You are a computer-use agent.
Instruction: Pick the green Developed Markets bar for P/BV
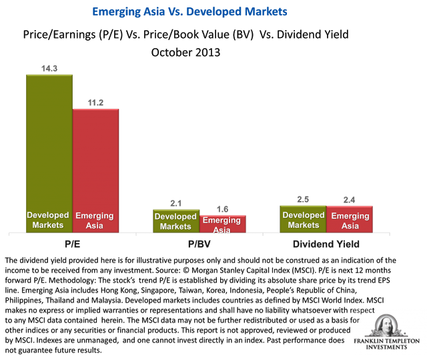pyautogui.click(x=176, y=221)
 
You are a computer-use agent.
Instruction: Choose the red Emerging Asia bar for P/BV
pyautogui.click(x=223, y=224)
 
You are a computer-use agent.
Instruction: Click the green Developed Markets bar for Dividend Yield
pyautogui.click(x=303, y=220)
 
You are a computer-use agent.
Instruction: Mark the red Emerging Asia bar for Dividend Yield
pyautogui.click(x=350, y=220)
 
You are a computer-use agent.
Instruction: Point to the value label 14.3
pyautogui.click(x=49, y=67)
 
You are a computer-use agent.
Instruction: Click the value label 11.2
pyautogui.click(x=95, y=102)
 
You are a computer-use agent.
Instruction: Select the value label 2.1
pyautogui.click(x=176, y=202)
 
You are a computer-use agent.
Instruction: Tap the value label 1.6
pyautogui.click(x=223, y=208)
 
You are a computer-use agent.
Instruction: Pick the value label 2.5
pyautogui.click(x=303, y=198)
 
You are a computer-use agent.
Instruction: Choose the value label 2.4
pyautogui.click(x=350, y=199)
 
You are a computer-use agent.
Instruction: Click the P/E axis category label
pyautogui.click(x=72, y=244)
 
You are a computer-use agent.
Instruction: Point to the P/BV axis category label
pyautogui.click(x=199, y=244)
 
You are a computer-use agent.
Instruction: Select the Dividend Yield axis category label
pyautogui.click(x=326, y=244)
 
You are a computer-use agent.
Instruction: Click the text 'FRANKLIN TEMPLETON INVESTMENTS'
pyautogui.click(x=386, y=345)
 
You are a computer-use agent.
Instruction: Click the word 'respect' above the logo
pyautogui.click(x=363, y=311)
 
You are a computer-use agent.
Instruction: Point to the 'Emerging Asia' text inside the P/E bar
pyautogui.click(x=95, y=220)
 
